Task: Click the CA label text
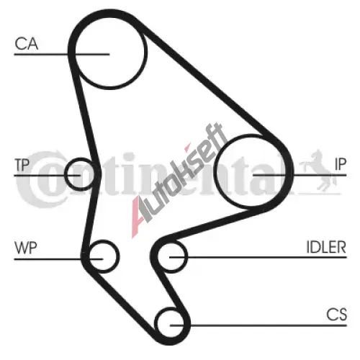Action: [x=27, y=44]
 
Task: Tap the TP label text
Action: [x=22, y=165]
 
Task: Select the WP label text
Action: [x=26, y=248]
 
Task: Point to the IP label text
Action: [x=341, y=164]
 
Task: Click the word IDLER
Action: [x=326, y=247]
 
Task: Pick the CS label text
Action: [x=336, y=315]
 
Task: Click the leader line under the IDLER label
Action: [x=258, y=257]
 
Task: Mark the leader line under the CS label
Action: [x=258, y=325]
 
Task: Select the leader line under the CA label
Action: [x=62, y=55]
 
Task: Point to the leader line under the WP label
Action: [x=58, y=259]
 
